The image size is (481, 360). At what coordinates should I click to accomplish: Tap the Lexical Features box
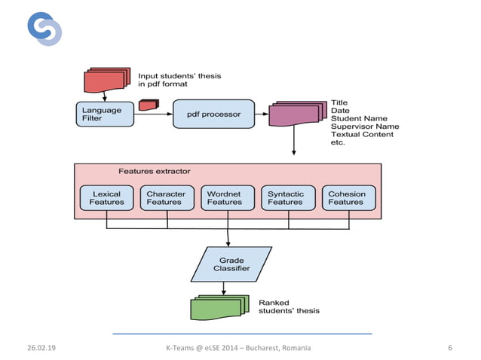pyautogui.click(x=106, y=198)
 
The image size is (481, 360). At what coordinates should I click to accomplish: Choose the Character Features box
pyautogui.click(x=164, y=198)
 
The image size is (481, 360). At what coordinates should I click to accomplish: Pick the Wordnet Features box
pyautogui.click(x=225, y=198)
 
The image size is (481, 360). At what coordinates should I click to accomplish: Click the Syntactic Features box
pyautogui.click(x=285, y=198)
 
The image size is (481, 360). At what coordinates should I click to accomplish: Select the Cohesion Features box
pyautogui.click(x=346, y=198)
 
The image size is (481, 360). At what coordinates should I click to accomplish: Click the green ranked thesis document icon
pyautogui.click(x=219, y=307)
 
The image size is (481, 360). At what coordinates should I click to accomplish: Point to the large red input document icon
pyautogui.click(x=108, y=80)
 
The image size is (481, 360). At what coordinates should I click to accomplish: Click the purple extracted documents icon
pyautogui.click(x=295, y=114)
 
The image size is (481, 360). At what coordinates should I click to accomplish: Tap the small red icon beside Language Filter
pyautogui.click(x=146, y=105)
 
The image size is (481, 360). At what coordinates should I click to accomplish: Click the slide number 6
pyautogui.click(x=449, y=347)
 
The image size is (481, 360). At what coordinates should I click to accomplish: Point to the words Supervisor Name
pyautogui.click(x=365, y=126)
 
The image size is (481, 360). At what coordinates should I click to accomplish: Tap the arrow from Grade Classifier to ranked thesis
pyautogui.click(x=224, y=288)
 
